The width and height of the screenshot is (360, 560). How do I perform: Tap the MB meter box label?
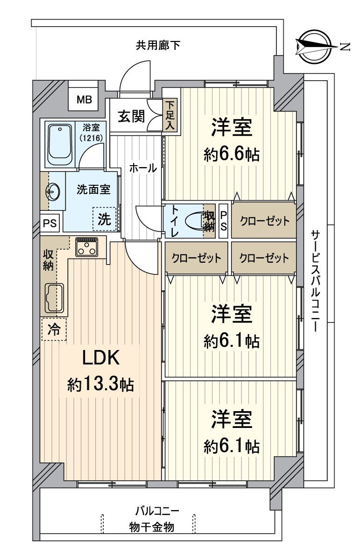pos(85,99)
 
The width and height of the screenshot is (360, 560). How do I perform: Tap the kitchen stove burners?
pos(87,247)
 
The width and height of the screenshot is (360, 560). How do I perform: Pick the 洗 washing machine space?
pos(105,219)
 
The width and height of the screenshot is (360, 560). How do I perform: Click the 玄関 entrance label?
pos(131,117)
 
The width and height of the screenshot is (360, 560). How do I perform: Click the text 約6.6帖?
pos(232,154)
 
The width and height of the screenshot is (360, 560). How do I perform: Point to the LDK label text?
pos(101,358)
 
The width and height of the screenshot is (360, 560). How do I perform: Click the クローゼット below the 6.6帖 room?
pos(264,221)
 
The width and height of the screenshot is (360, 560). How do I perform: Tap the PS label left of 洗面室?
pos(50,224)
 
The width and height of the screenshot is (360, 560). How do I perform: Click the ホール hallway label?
pos(143,168)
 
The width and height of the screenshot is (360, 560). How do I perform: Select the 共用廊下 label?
pos(158,45)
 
